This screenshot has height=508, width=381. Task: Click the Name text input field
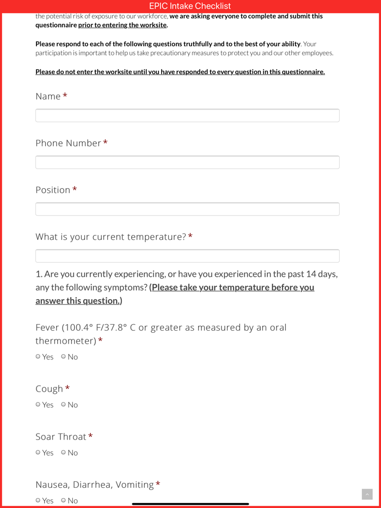click(x=187, y=115)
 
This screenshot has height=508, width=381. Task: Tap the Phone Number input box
click(x=187, y=162)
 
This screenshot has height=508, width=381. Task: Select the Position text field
click(x=187, y=209)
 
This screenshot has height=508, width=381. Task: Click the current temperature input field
click(x=187, y=256)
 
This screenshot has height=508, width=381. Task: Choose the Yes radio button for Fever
click(x=38, y=357)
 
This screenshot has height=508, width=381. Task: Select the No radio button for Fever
click(x=63, y=357)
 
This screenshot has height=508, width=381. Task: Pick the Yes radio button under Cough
click(x=38, y=405)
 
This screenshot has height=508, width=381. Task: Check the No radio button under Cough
click(x=63, y=405)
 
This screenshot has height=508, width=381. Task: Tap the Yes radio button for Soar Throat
click(x=38, y=453)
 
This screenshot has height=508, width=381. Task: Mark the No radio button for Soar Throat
click(x=63, y=453)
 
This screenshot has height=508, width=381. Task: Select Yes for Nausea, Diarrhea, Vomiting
click(x=38, y=500)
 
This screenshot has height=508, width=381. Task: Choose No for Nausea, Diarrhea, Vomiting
click(x=63, y=500)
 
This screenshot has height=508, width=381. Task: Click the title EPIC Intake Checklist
click(x=190, y=6)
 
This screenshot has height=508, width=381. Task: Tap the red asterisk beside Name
click(x=65, y=96)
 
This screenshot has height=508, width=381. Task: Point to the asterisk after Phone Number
click(x=106, y=143)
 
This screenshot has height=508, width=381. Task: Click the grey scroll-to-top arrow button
click(x=367, y=494)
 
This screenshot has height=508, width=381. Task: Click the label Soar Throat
click(x=61, y=437)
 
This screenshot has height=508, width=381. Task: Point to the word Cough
click(x=50, y=389)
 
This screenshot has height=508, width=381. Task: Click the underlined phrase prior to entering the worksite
click(x=122, y=25)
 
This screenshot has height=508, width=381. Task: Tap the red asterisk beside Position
click(x=75, y=189)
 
